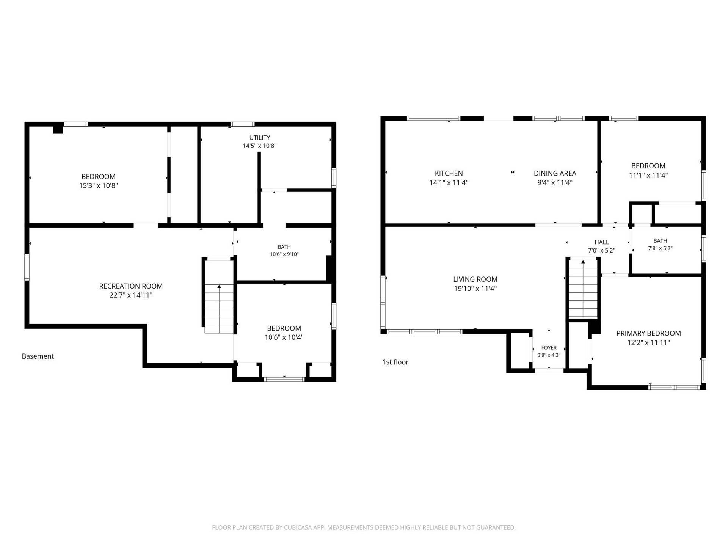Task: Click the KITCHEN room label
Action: (449, 173)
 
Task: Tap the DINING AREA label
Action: (555, 173)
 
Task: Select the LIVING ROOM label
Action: (475, 279)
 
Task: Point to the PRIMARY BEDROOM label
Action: (648, 333)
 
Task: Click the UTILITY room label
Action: (259, 138)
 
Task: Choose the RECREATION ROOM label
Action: (131, 286)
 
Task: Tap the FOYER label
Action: (549, 348)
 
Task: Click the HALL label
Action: (601, 242)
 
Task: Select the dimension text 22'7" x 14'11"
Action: (131, 295)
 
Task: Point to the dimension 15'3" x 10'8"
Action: (98, 185)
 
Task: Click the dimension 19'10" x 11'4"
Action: (475, 288)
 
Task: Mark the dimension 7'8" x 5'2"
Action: (660, 248)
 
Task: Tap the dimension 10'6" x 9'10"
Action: (284, 254)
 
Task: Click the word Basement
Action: (38, 356)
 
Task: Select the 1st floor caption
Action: (395, 362)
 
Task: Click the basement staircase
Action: (219, 309)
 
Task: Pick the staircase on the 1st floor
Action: (583, 289)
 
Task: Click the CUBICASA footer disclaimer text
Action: (364, 527)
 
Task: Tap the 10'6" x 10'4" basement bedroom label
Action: (284, 333)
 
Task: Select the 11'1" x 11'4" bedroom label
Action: (648, 170)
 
